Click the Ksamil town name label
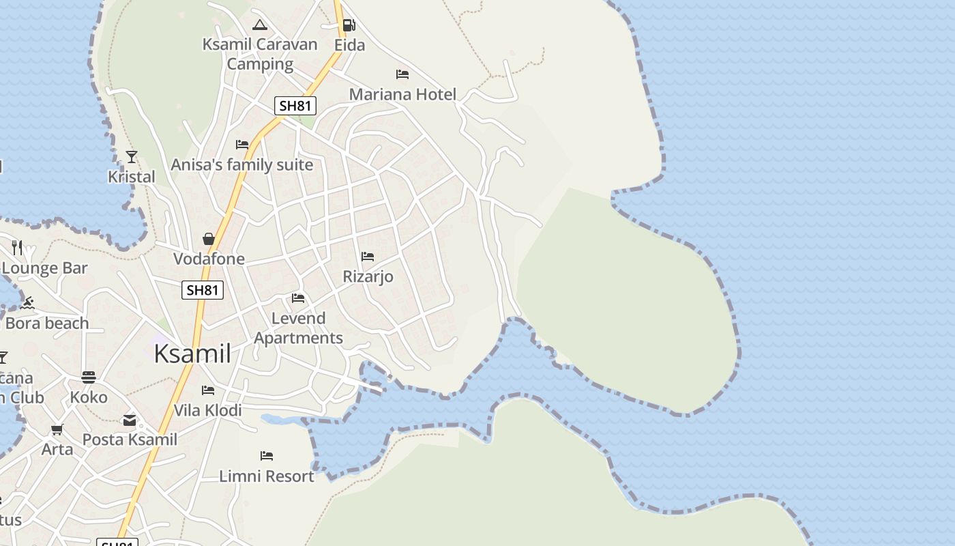point(192,354)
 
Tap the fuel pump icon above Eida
point(349,25)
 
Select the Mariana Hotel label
point(402,94)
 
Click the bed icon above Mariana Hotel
point(402,74)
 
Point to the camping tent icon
point(259,25)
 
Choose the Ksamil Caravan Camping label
point(260,54)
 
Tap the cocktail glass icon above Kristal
point(132,157)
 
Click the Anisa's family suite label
point(242,164)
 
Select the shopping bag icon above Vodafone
point(209,239)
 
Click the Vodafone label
point(209,259)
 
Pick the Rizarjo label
point(368,276)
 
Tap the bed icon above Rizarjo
point(368,257)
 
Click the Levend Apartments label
point(298,328)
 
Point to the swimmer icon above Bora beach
point(27,303)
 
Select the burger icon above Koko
point(89,377)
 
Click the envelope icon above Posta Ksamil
point(130,420)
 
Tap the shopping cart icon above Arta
point(57,429)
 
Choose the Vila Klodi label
point(208,410)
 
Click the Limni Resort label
point(267,476)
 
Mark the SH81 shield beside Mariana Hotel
point(295,106)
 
